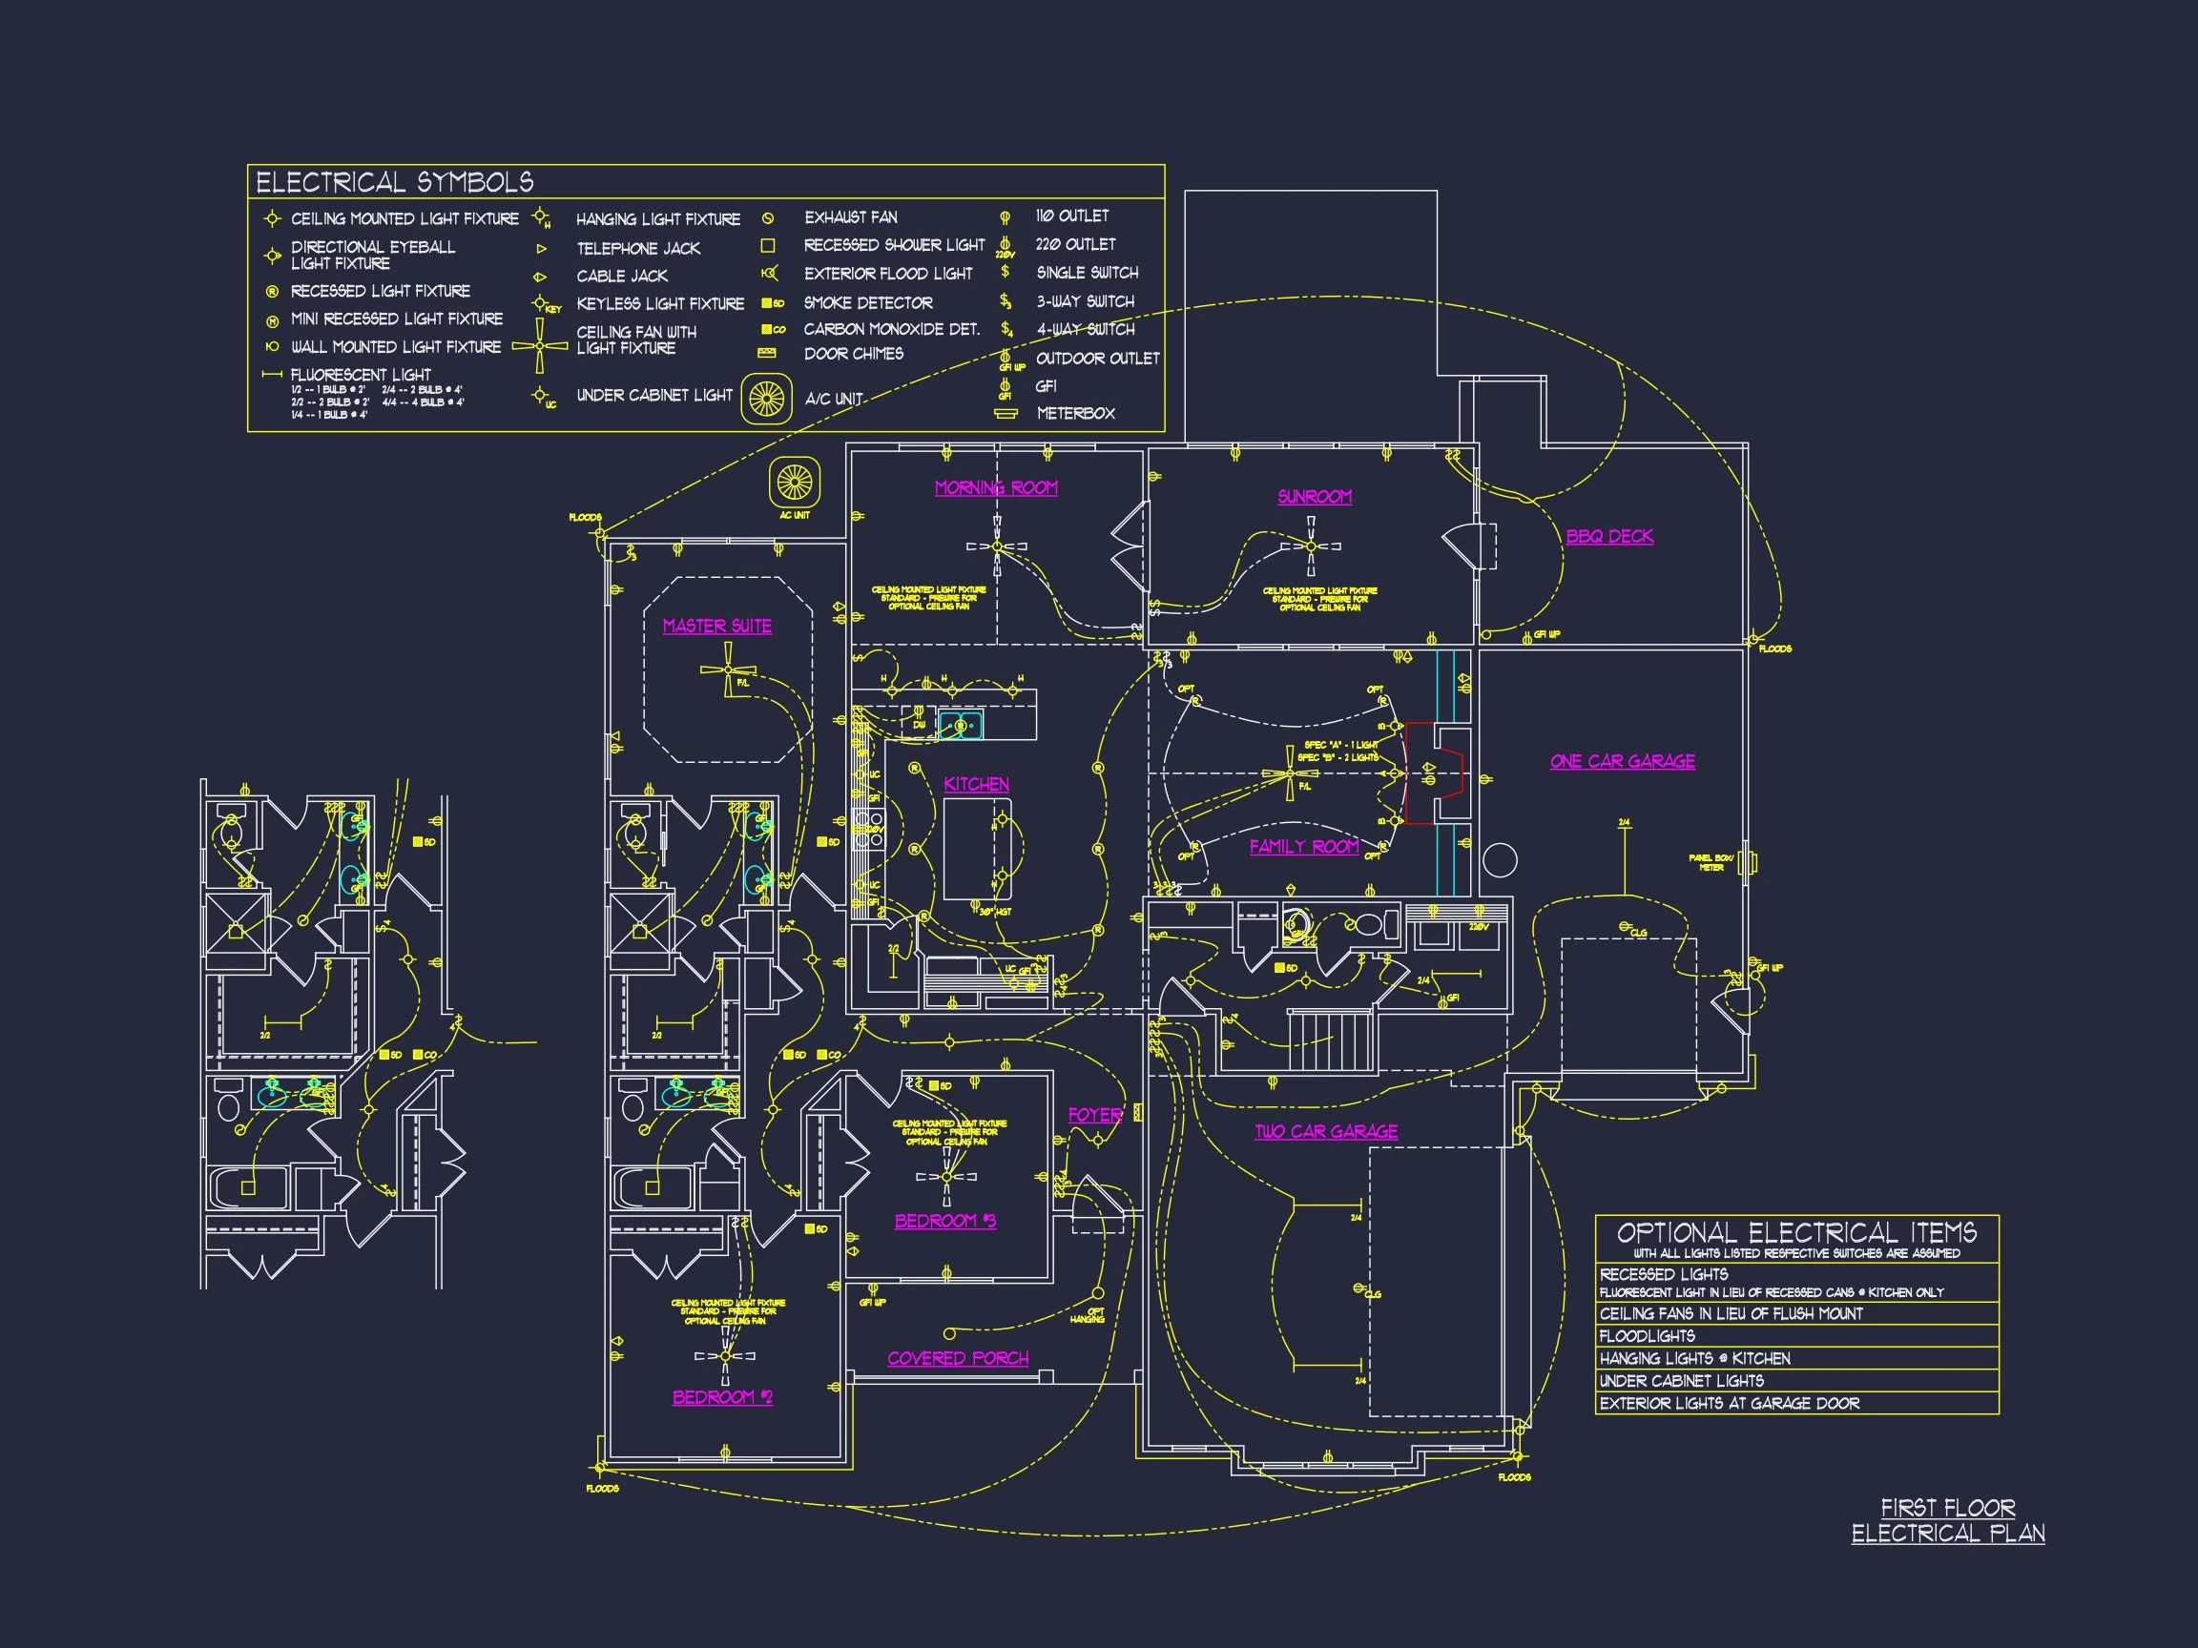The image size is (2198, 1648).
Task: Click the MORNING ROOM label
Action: [996, 487]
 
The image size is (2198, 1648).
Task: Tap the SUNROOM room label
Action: [1314, 497]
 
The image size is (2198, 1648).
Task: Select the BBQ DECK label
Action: [1608, 536]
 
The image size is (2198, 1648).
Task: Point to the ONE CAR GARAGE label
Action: [1622, 762]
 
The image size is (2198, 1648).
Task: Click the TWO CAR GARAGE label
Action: [1325, 1131]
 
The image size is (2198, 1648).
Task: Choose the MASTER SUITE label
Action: [716, 626]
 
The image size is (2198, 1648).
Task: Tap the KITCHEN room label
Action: [976, 785]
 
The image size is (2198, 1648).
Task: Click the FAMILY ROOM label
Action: [1303, 846]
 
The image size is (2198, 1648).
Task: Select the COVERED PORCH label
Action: [957, 1358]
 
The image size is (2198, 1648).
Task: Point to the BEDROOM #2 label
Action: [722, 1396]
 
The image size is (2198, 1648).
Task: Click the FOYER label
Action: [1094, 1115]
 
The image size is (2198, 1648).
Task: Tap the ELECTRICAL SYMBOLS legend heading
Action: [395, 182]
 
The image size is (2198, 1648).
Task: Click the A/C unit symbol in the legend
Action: [766, 400]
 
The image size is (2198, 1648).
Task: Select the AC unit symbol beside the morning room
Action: [794, 483]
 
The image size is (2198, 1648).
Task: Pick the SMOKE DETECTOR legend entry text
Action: [867, 303]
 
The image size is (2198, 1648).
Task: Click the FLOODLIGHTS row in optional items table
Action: [1647, 1336]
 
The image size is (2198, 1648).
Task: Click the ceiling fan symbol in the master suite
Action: [728, 669]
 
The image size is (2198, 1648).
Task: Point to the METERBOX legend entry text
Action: [1075, 413]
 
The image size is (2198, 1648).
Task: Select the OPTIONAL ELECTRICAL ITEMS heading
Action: [1795, 1233]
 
